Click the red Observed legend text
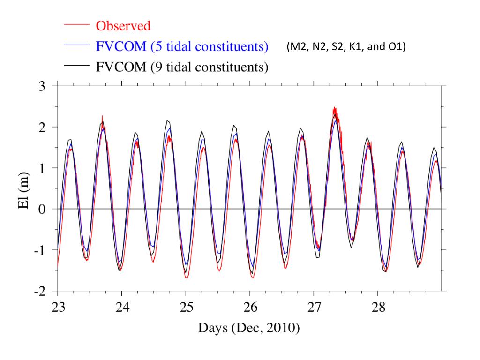[123, 26]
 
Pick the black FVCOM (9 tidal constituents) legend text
[182, 66]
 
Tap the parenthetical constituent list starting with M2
[345, 47]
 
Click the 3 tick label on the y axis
[42, 86]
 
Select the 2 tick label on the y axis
[42, 127]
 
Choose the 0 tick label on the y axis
[42, 209]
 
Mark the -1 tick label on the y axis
[39, 250]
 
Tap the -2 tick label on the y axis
[39, 291]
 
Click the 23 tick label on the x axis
[58, 307]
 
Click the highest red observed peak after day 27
[334, 108]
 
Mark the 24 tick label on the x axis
[122, 307]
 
